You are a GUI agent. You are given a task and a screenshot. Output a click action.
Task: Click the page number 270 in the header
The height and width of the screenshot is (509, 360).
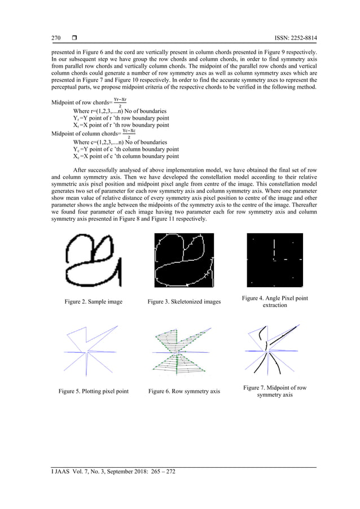[x=55, y=38]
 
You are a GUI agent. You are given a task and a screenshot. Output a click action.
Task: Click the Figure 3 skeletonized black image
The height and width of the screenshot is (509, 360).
[x=184, y=260]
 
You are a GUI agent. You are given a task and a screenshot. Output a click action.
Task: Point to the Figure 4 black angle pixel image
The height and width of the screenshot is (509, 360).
[x=275, y=260]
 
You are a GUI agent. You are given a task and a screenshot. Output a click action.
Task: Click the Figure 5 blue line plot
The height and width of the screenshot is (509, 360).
[x=93, y=350]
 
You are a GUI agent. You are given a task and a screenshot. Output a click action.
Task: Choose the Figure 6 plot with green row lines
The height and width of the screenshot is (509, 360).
[x=184, y=350]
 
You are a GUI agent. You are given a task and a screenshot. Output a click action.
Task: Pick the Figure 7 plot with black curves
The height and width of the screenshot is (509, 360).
[x=275, y=350]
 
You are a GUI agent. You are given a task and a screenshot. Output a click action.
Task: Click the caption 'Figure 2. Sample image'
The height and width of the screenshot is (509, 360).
[x=93, y=302]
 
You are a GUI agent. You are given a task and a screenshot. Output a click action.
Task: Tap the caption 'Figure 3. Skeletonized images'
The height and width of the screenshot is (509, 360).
[x=184, y=302]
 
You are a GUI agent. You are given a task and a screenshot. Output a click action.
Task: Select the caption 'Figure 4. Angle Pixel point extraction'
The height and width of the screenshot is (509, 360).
[x=275, y=301]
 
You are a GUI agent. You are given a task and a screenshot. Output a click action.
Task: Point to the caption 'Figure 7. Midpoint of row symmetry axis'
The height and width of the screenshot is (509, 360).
[x=275, y=391]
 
